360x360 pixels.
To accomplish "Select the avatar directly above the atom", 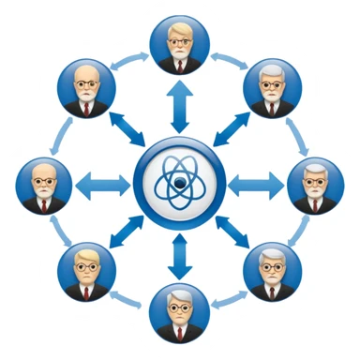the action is click(x=180, y=44).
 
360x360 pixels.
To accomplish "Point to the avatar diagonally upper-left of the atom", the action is click(x=86, y=88).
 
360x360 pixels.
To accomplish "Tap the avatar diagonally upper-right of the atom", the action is click(x=273, y=88).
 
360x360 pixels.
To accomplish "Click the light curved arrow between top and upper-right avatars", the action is click(x=229, y=58).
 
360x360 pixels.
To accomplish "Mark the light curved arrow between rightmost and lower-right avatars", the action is click(x=302, y=230).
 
